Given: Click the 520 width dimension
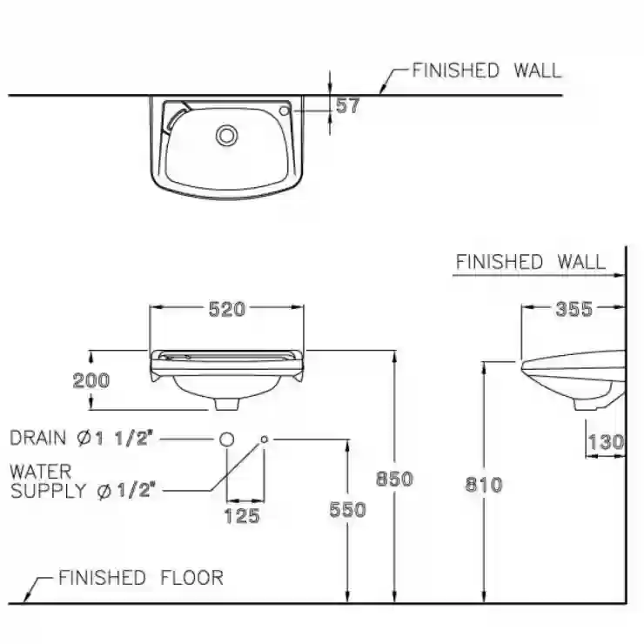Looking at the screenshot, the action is tap(227, 309).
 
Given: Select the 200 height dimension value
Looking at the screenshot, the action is tap(91, 380).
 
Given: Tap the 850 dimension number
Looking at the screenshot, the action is tap(394, 479).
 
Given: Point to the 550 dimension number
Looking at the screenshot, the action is tap(347, 510).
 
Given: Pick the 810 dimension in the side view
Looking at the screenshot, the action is tap(484, 485).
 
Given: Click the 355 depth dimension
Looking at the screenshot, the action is tap(574, 309).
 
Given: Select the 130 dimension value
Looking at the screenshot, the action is tap(607, 442).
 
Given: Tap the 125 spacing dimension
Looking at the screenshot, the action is tap(242, 516).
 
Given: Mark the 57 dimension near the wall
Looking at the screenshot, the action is tap(347, 105).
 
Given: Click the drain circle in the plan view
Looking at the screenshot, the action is tap(227, 135).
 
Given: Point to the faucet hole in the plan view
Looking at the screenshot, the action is tap(285, 111).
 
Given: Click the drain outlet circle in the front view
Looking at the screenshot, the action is tap(226, 439).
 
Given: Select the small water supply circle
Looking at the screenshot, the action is tap(264, 439).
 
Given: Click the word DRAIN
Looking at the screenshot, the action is tap(37, 438).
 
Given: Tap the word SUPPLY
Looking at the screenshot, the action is tap(48, 491).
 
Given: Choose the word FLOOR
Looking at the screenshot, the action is tap(192, 578).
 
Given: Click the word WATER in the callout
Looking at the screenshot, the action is tap(41, 472).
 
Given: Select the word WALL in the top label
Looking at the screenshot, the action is tap(537, 70).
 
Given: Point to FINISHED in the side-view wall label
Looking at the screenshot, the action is tap(500, 262).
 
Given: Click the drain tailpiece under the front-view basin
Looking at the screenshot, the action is tap(227, 404).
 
